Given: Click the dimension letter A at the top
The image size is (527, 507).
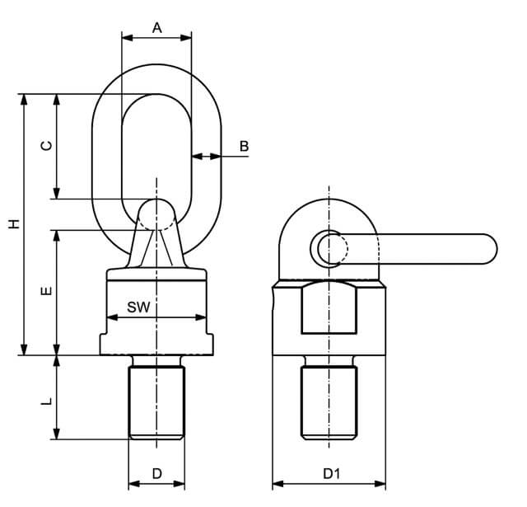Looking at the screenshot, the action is click(x=157, y=28).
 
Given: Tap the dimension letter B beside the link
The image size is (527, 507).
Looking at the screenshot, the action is click(x=244, y=147).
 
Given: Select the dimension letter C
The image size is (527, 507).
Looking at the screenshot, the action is click(x=47, y=146).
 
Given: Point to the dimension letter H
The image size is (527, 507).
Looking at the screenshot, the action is click(x=14, y=224).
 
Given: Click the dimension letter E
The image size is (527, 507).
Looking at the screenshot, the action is click(x=47, y=291).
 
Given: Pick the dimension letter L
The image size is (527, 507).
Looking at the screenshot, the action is click(x=47, y=401).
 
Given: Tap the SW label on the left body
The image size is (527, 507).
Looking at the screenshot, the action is click(x=138, y=307).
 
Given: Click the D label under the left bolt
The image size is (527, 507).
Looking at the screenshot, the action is click(x=157, y=474).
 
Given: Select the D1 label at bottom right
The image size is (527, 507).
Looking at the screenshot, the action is click(x=331, y=474).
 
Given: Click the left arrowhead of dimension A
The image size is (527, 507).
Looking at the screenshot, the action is click(x=127, y=38).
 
